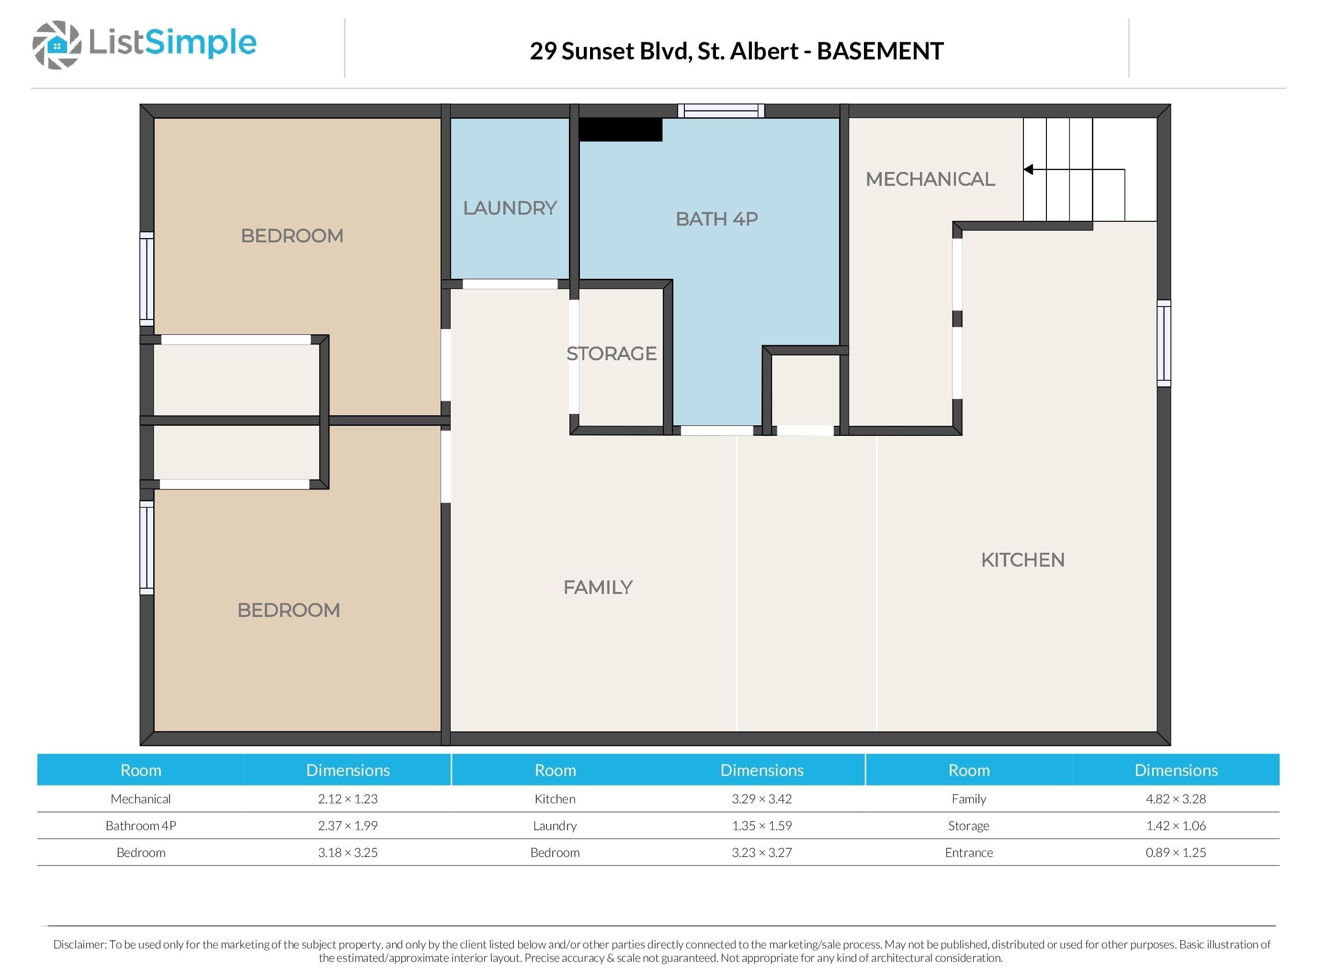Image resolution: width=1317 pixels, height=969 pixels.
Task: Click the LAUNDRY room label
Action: (x=510, y=208)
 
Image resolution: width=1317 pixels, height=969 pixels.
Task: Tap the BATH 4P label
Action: (x=716, y=219)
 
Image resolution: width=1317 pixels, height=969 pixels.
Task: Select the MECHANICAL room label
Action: (x=930, y=179)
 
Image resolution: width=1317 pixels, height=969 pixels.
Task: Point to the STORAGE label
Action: (x=611, y=353)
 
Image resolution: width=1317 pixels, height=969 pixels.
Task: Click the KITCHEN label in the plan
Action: (x=1022, y=559)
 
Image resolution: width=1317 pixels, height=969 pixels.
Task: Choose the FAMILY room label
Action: (x=598, y=587)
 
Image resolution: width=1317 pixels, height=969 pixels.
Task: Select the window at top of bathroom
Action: (x=721, y=111)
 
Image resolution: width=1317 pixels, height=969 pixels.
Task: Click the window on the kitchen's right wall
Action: (x=1163, y=343)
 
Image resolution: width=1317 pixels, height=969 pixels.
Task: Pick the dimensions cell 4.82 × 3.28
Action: (x=1176, y=799)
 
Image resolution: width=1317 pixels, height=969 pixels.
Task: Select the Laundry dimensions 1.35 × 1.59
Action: (x=761, y=826)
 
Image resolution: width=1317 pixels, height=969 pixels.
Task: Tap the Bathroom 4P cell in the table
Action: (x=141, y=826)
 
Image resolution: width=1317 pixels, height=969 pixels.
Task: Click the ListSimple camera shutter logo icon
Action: (x=57, y=45)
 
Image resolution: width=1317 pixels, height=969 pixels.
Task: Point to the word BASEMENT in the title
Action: (x=880, y=51)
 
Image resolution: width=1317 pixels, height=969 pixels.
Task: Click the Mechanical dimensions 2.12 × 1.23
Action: (x=348, y=799)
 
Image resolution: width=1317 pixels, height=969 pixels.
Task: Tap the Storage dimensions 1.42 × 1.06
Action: (x=1176, y=826)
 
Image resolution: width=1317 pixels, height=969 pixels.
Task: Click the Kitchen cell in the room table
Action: (x=555, y=799)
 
